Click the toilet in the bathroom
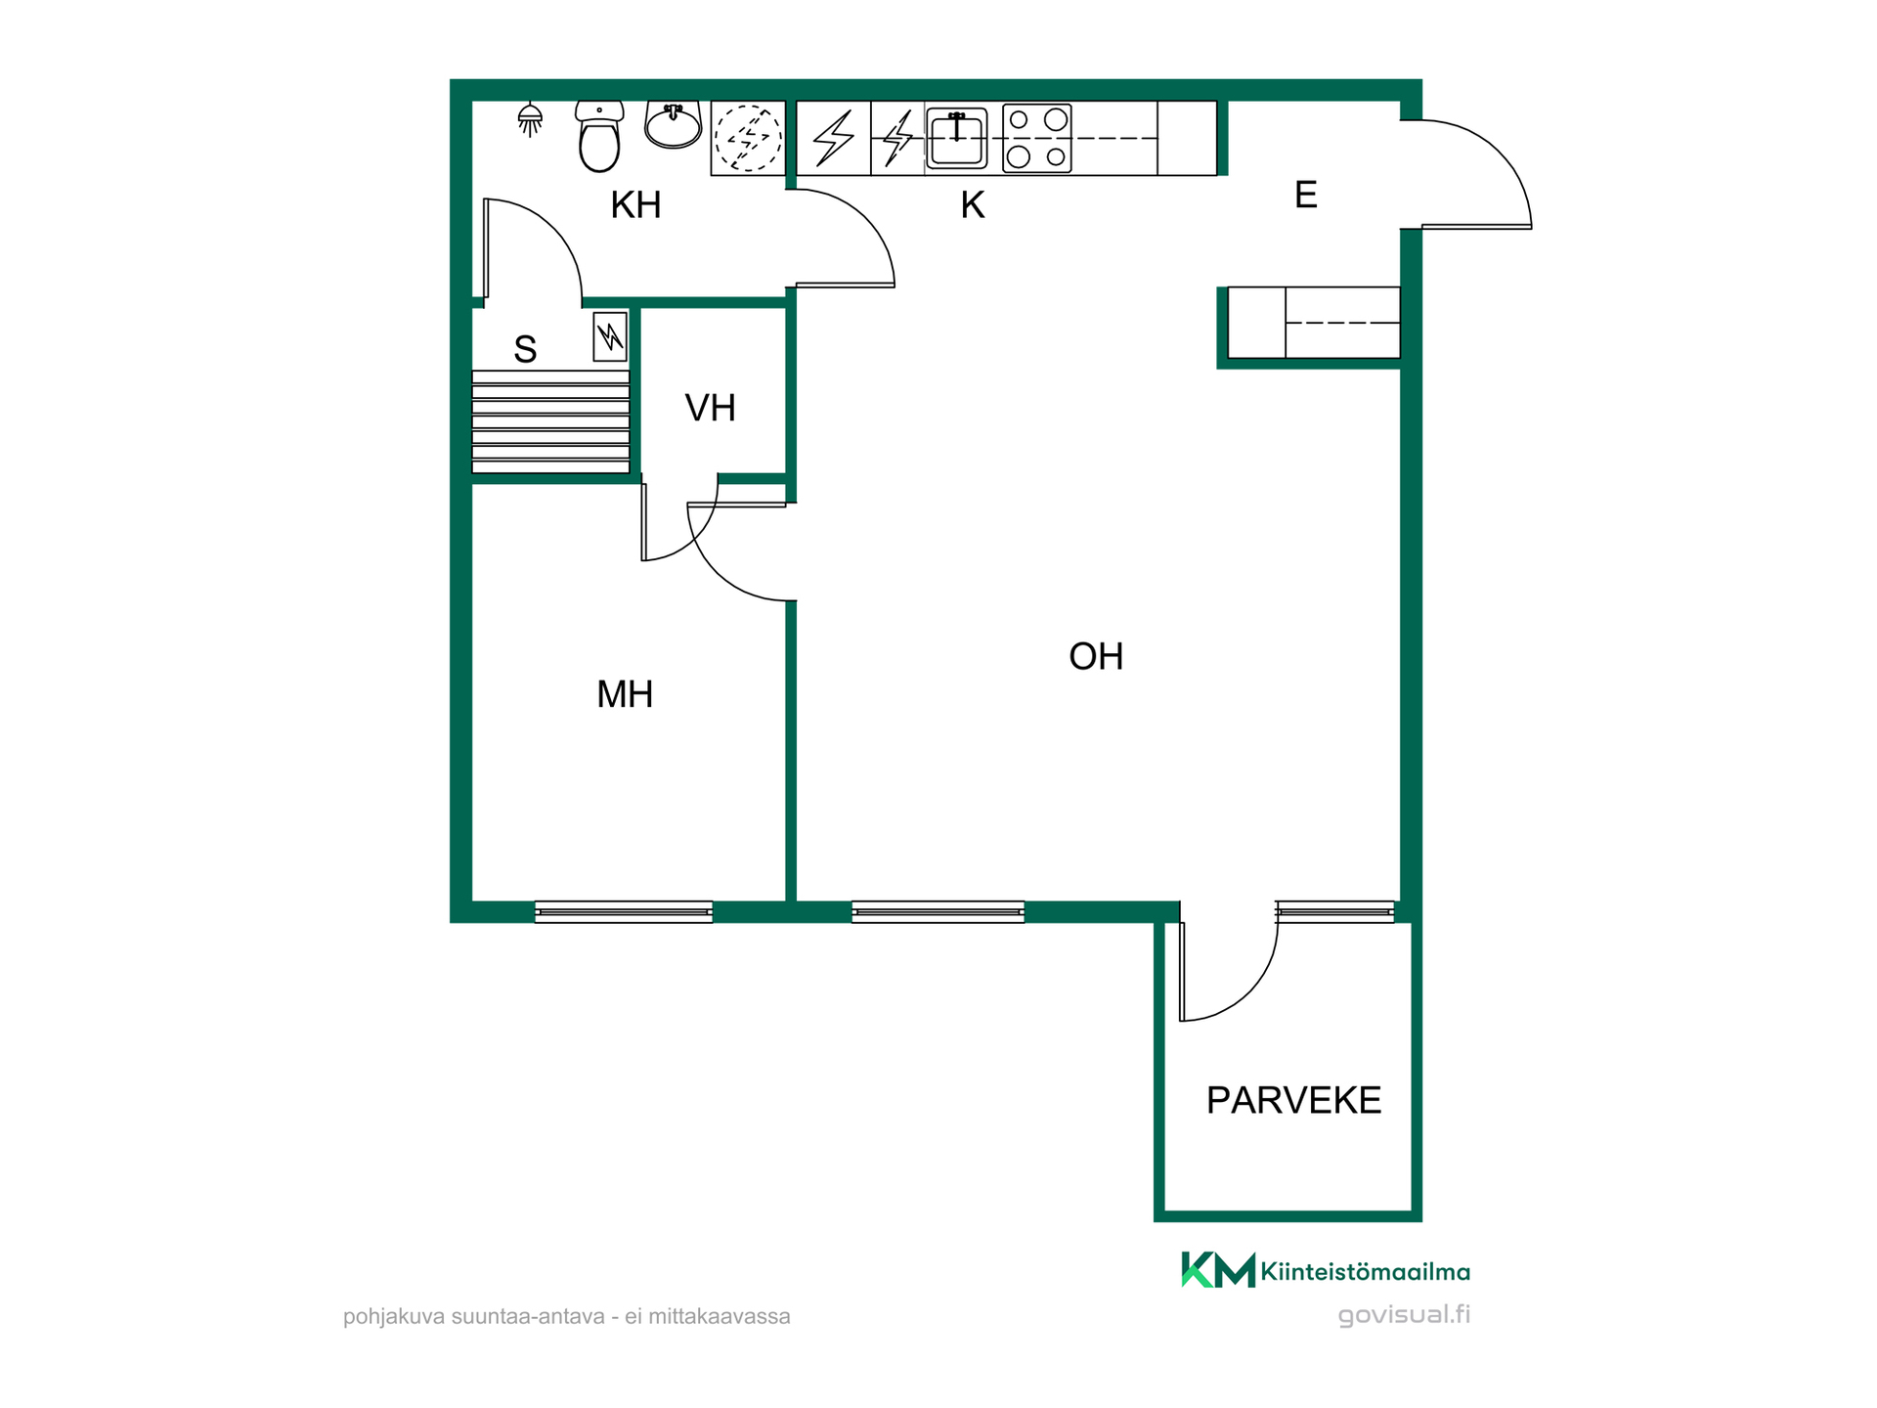coord(599,137)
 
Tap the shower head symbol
coord(530,119)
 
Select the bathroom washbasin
coord(673,125)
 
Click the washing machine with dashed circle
coord(748,139)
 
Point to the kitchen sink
coord(956,138)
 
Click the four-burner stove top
coord(1037,139)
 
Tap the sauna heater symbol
coord(610,337)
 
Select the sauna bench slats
coord(550,421)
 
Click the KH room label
coord(635,205)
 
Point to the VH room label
coord(710,409)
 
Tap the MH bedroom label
coord(625,695)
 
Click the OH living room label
coord(1096,657)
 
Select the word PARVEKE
coord(1293,1101)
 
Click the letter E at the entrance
coord(1306,196)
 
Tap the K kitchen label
coord(972,205)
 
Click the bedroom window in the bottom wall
coord(624,912)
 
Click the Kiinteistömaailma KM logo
coord(1326,1271)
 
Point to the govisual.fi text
coord(1404,1315)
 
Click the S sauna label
coord(525,350)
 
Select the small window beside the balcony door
coord(1334,911)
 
